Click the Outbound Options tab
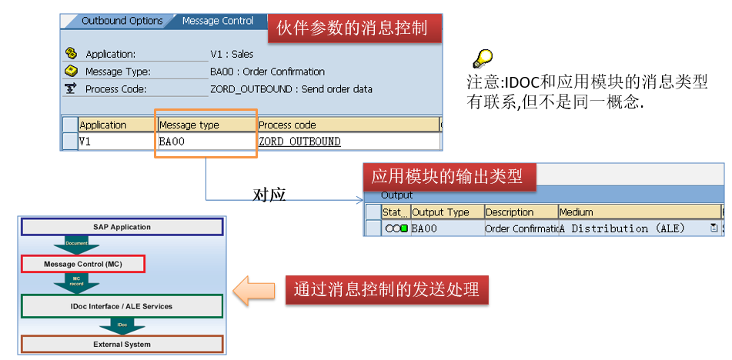pos(122,21)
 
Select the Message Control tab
pos(217,21)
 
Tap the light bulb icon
pos(482,58)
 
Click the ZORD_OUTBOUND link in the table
pos(299,142)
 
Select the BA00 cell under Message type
pos(172,142)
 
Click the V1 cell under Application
pos(85,142)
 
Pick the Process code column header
pos(287,125)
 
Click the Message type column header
pos(189,125)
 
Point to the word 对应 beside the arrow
pos(269,195)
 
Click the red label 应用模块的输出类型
pos(448,177)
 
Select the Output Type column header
pos(440,212)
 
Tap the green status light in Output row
pos(404,228)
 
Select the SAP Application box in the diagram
pos(122,227)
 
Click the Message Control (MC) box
pos(82,264)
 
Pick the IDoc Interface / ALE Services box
pos(122,306)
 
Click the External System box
pos(122,344)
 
